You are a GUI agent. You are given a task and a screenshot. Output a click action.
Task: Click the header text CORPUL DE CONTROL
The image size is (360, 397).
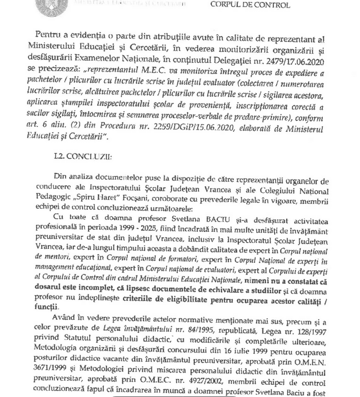point(249,5)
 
